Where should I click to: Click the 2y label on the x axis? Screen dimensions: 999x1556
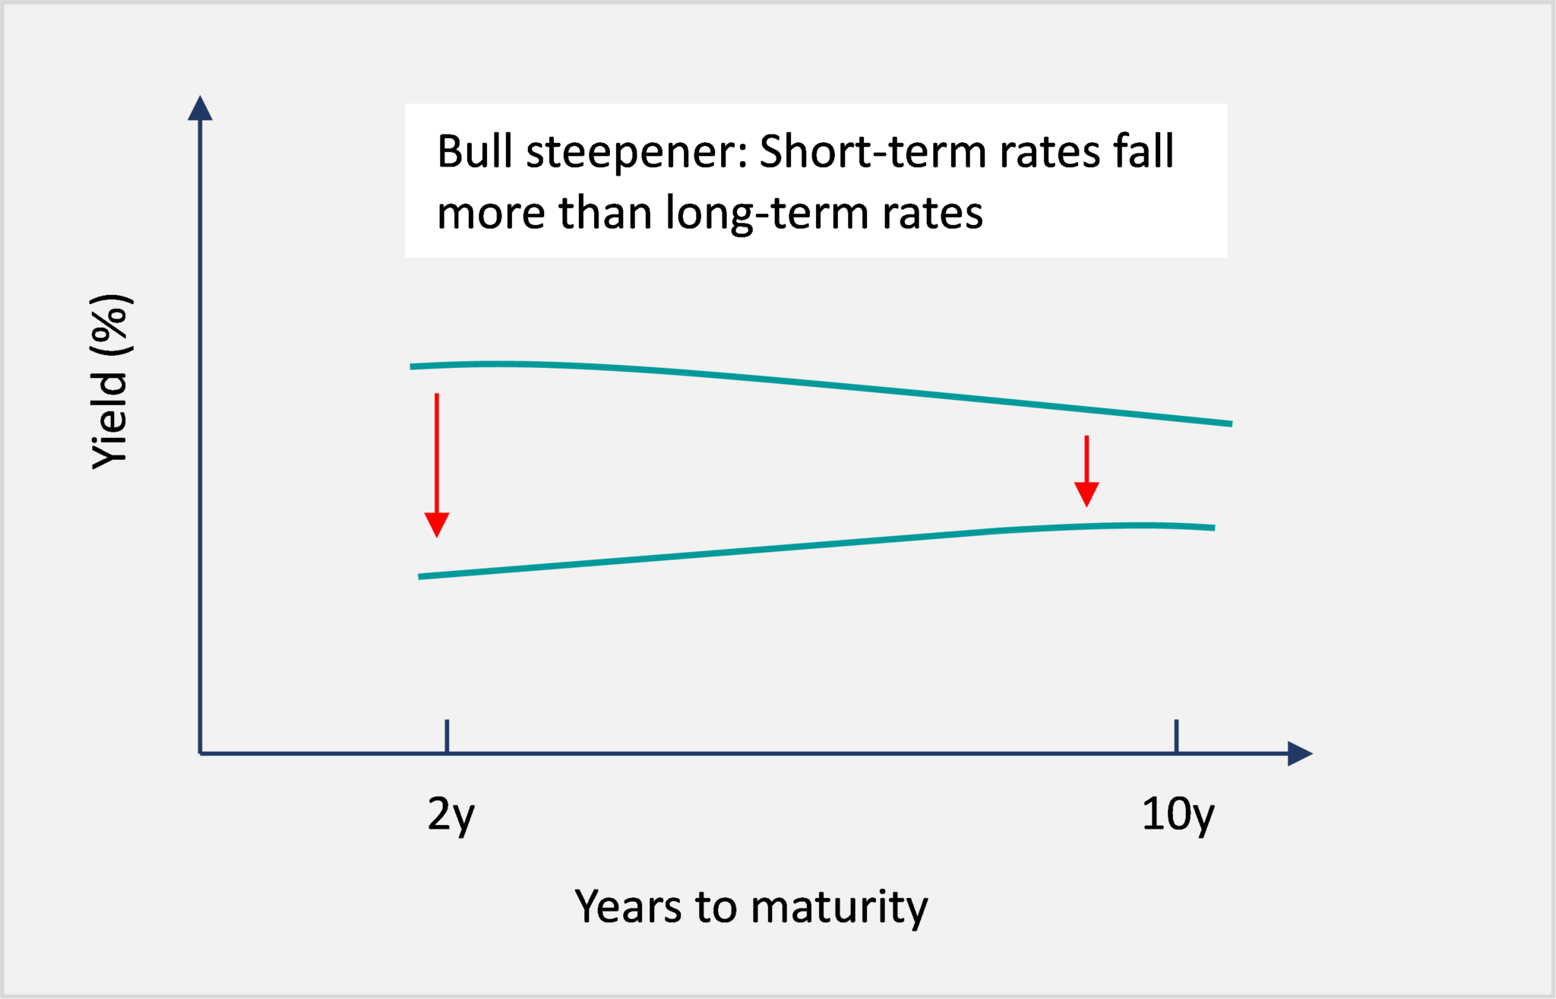pyautogui.click(x=451, y=815)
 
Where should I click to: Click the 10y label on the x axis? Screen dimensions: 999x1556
pyautogui.click(x=1177, y=815)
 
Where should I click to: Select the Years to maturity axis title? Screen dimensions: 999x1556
pyautogui.click(x=751, y=907)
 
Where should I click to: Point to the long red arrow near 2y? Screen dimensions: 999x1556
pyautogui.click(x=437, y=464)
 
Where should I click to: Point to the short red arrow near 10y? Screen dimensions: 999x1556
pyautogui.click(x=1086, y=470)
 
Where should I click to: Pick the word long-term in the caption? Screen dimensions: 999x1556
pyautogui.click(x=767, y=214)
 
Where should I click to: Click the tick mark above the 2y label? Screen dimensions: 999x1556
pyautogui.click(x=447, y=735)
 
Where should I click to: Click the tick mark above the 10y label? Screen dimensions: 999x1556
pyautogui.click(x=1176, y=735)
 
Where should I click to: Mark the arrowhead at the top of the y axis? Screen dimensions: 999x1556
pyautogui.click(x=200, y=108)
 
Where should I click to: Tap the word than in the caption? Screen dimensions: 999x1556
pyautogui.click(x=604, y=213)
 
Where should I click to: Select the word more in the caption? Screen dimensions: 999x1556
pyautogui.click(x=491, y=213)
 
